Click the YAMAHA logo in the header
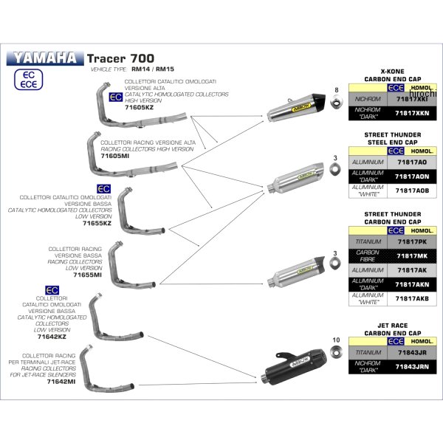(x=45, y=57)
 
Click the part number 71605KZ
(x=139, y=107)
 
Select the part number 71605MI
(x=115, y=156)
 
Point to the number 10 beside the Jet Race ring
(x=336, y=339)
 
